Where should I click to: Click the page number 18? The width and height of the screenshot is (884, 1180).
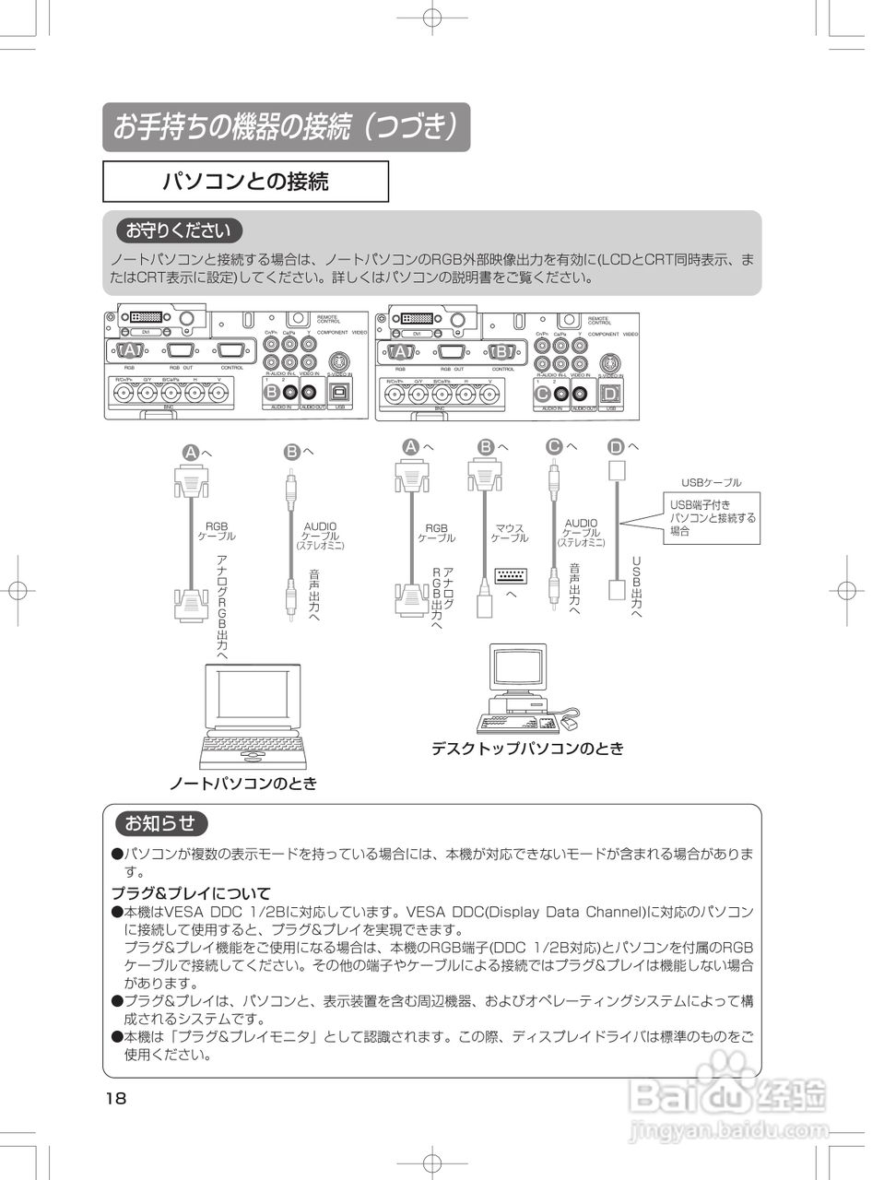click(115, 1098)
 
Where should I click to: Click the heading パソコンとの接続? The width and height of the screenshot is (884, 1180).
click(245, 182)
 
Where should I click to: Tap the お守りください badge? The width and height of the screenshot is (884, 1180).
click(179, 230)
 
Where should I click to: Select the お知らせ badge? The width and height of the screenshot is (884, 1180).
click(161, 823)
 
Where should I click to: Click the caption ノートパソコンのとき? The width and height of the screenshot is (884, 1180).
click(242, 784)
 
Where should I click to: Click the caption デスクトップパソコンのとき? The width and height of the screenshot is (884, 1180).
click(527, 749)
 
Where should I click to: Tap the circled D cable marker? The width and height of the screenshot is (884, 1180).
click(616, 447)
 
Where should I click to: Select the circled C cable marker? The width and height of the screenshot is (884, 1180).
click(553, 446)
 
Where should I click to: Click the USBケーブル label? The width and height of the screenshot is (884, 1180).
click(711, 482)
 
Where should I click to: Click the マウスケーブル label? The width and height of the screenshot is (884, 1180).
click(509, 533)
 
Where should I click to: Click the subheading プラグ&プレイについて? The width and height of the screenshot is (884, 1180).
click(191, 892)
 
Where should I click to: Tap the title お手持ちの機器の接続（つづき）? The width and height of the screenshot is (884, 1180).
click(286, 127)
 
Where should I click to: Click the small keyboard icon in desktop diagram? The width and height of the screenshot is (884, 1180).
click(512, 575)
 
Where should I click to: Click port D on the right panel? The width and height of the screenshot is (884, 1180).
click(609, 393)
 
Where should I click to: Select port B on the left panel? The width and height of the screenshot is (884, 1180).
click(272, 392)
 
